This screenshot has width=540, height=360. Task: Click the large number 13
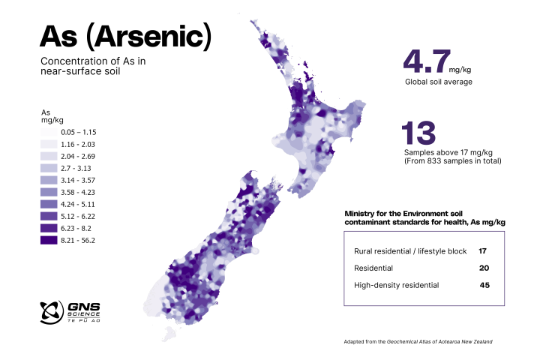[419, 133]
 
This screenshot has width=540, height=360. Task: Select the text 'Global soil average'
[438, 82]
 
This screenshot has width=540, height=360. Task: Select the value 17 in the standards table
[483, 250]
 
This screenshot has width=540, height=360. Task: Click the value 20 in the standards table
[484, 268]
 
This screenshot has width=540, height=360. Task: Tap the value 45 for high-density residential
[484, 285]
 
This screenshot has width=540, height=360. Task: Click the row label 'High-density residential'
[396, 285]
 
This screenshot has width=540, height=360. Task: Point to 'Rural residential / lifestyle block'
[410, 250]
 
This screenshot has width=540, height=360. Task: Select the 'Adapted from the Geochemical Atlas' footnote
[418, 341]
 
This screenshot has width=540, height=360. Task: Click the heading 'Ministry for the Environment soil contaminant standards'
[424, 218]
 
